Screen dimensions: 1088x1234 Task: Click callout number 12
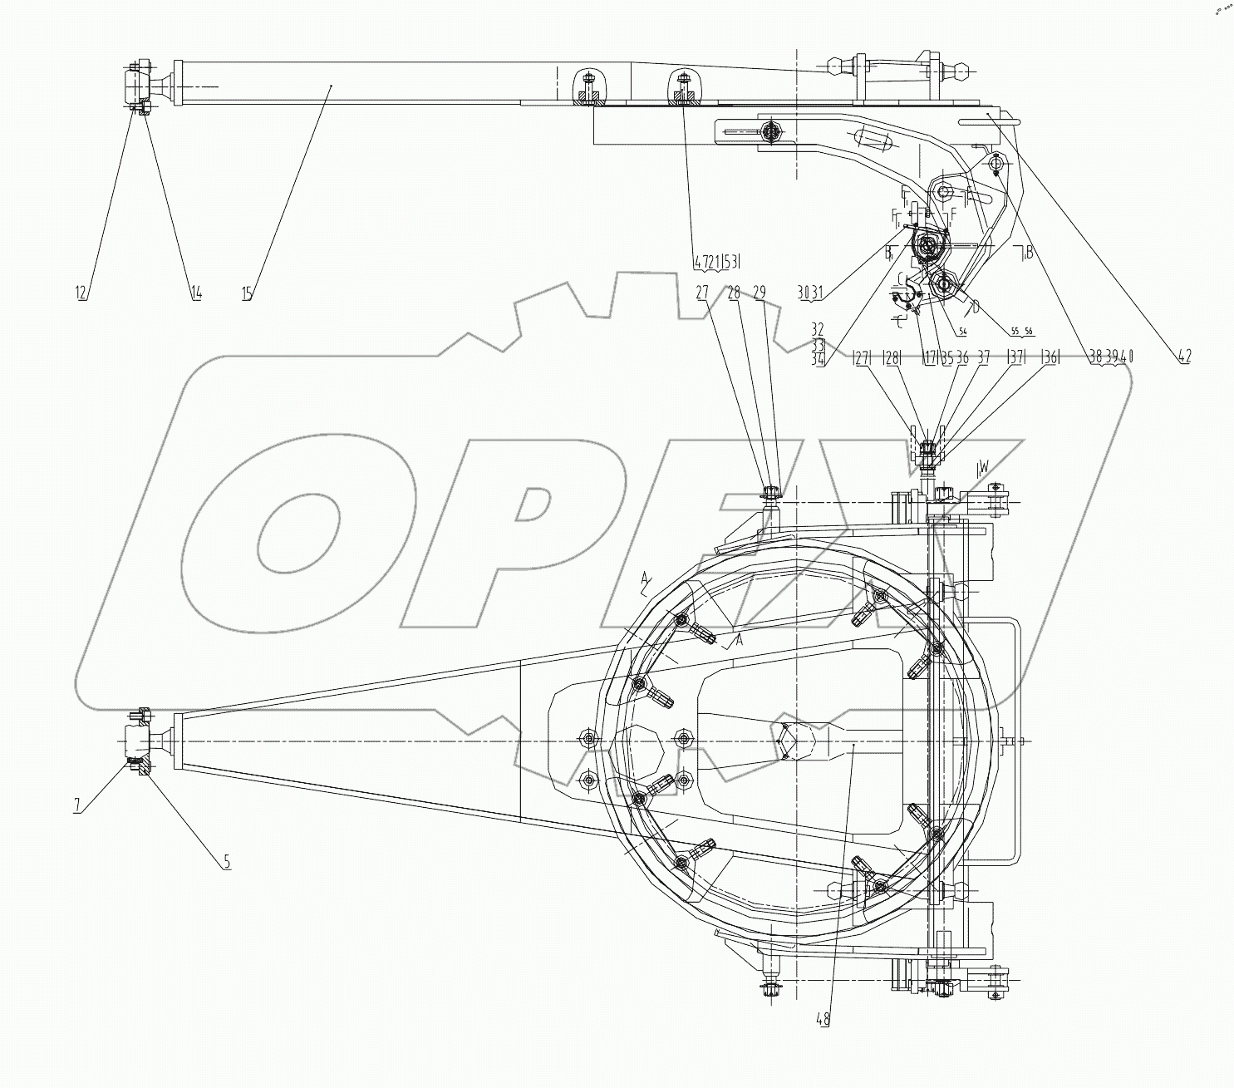tap(81, 292)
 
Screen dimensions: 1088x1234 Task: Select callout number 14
tap(196, 292)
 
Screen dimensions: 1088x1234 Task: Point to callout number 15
tap(248, 292)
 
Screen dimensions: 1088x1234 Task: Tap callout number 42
tap(1183, 357)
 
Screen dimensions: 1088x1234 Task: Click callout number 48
tap(823, 1019)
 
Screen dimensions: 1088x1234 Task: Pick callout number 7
tap(76, 805)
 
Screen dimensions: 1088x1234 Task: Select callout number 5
tap(226, 862)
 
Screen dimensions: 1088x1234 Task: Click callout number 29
tap(759, 292)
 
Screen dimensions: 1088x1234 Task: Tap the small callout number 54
tap(962, 332)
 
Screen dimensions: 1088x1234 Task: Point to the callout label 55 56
tap(1021, 332)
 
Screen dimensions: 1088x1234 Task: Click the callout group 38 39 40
tap(1111, 357)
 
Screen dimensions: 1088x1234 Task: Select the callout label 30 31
tap(809, 292)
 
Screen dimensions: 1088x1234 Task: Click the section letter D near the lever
tap(976, 307)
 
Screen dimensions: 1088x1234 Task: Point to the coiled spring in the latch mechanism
tap(928, 246)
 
